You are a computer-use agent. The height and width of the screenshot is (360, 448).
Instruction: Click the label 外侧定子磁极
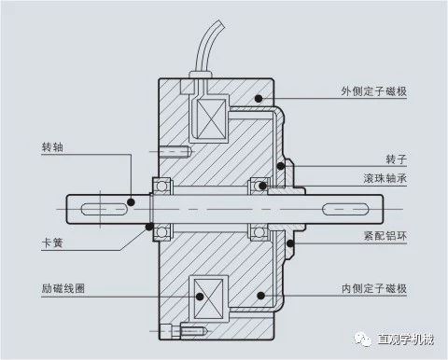(373, 91)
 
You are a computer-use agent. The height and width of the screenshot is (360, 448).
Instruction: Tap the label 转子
(396, 159)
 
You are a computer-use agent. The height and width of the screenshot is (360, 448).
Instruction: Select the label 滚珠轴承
(385, 178)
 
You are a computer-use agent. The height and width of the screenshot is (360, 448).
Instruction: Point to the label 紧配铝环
(385, 236)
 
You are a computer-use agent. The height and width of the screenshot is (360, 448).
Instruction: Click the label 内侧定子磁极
(374, 288)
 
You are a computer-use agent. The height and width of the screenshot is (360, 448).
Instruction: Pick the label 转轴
(52, 147)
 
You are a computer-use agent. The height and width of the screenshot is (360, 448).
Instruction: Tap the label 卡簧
(52, 242)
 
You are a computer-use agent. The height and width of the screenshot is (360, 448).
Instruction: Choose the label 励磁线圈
(63, 288)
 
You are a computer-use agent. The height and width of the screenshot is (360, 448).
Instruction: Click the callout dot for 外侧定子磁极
(259, 99)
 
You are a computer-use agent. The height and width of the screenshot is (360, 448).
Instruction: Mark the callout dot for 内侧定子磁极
(260, 296)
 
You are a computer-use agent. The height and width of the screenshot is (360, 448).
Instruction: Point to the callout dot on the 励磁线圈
(200, 297)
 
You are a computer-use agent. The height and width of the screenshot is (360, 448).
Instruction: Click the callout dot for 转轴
(131, 202)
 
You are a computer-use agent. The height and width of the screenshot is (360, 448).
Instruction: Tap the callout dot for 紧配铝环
(290, 243)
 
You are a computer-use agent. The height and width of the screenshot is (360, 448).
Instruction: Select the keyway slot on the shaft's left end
(105, 209)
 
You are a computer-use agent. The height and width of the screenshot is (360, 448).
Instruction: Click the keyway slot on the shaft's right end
(345, 209)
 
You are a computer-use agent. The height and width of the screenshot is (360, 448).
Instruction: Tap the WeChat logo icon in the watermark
(363, 339)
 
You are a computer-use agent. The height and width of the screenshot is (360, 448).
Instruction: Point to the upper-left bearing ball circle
(161, 186)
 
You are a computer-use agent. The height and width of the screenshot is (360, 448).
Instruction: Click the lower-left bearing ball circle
(161, 232)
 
